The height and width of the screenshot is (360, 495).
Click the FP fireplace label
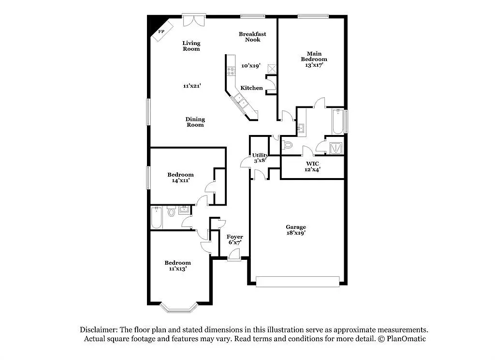pyautogui.click(x=161, y=31)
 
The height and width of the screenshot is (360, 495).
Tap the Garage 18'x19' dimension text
pyautogui.click(x=296, y=233)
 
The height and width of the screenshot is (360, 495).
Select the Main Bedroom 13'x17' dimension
pyautogui.click(x=314, y=65)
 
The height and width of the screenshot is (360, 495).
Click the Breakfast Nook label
pyautogui.click(x=252, y=37)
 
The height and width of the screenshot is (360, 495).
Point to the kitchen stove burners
pyautogui.click(x=231, y=71)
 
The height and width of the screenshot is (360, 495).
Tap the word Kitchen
pyautogui.click(x=251, y=88)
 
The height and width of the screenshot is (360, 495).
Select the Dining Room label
pyautogui.click(x=195, y=122)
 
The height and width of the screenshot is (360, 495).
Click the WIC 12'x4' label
pyautogui.click(x=312, y=166)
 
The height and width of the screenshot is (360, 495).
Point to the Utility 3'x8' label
pyautogui.click(x=260, y=158)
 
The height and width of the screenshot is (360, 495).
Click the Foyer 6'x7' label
pyautogui.click(x=235, y=240)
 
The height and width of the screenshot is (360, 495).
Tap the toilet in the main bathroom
pyautogui.click(x=287, y=145)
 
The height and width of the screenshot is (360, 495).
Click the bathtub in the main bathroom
pyautogui.click(x=337, y=121)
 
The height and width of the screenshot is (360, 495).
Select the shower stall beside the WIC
pyautogui.click(x=335, y=148)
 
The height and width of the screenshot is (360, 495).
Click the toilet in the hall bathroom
pyautogui.click(x=171, y=211)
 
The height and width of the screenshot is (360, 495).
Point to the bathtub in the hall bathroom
pyautogui.click(x=156, y=217)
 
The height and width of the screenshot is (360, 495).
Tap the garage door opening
pyautogui.click(x=297, y=282)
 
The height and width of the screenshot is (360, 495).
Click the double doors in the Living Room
pyautogui.click(x=194, y=19)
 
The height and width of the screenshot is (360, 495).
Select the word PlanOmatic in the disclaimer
pyautogui.click(x=406, y=339)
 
